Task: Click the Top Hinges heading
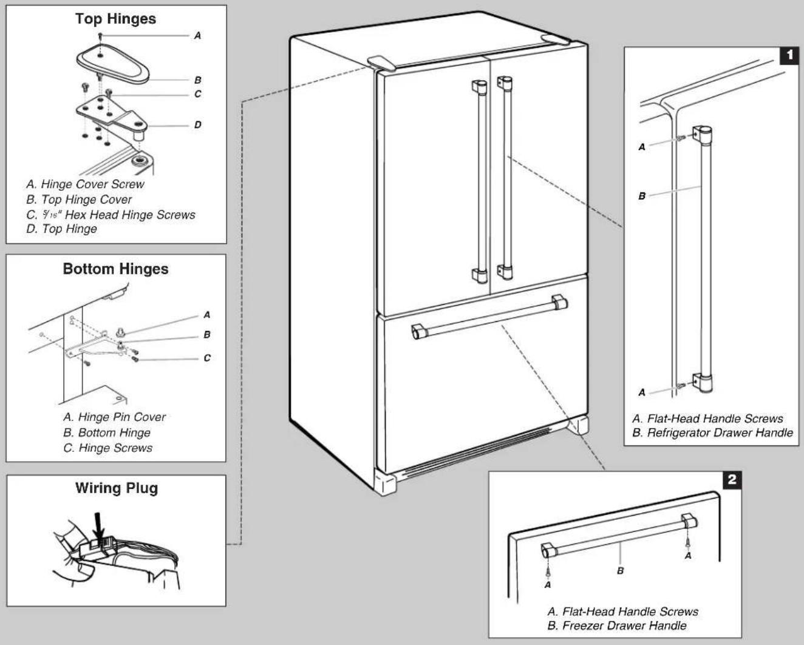(115, 19)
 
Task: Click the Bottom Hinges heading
(115, 269)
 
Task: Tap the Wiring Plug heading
(117, 488)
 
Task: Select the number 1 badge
(789, 56)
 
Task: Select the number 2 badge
(732, 480)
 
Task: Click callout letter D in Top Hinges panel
(197, 125)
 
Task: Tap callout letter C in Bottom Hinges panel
(207, 358)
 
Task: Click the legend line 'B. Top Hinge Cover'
(79, 200)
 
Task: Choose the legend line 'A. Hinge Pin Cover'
(114, 417)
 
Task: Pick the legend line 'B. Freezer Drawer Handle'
(617, 626)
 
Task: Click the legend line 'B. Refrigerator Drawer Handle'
(712, 433)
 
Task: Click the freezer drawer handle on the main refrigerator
(489, 316)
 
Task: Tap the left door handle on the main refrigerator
(480, 181)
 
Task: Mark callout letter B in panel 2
(620, 571)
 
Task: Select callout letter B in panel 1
(642, 196)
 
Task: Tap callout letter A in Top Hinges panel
(197, 36)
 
